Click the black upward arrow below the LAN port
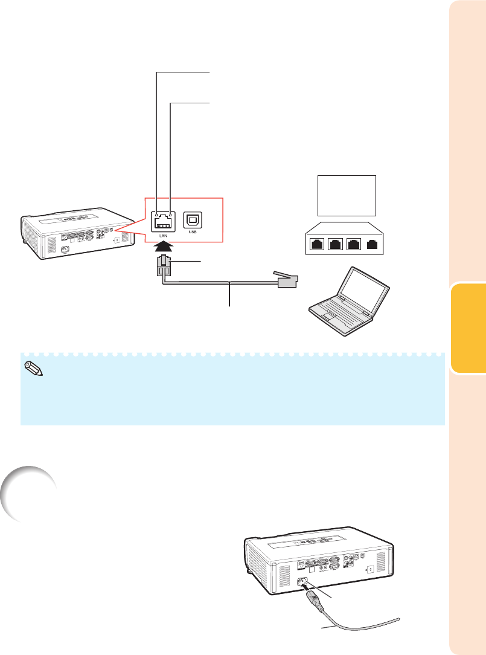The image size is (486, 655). (163, 247)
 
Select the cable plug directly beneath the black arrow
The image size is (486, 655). (164, 266)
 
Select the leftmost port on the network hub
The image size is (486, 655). (316, 245)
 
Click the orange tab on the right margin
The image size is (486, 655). (467, 330)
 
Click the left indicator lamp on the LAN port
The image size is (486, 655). (158, 215)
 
